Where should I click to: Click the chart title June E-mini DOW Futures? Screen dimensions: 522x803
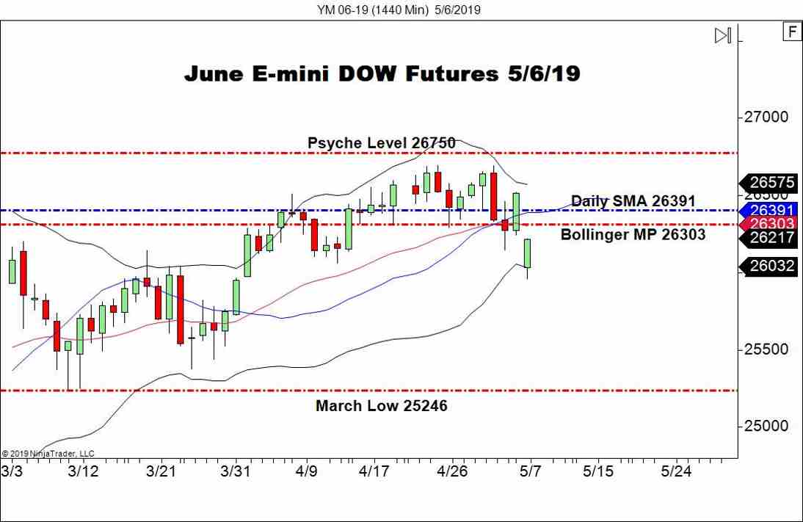(x=382, y=74)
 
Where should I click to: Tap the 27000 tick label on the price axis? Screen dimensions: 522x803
(x=767, y=117)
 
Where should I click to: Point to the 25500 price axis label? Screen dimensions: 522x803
(x=767, y=349)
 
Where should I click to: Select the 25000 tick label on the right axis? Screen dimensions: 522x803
(x=767, y=426)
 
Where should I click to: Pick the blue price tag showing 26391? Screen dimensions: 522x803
(x=772, y=210)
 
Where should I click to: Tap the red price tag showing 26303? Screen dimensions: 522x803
(x=772, y=223)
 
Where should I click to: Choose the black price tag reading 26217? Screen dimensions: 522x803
(x=772, y=238)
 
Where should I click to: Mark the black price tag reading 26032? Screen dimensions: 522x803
(x=772, y=266)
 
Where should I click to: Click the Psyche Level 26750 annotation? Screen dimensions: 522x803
(x=381, y=142)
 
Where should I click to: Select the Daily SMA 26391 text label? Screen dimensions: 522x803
(x=633, y=200)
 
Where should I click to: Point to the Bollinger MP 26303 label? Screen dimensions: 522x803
(x=633, y=234)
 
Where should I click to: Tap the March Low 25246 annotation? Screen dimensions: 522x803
(x=381, y=405)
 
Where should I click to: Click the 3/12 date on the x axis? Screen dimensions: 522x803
(x=82, y=470)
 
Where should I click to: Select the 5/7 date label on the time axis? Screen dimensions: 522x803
(x=531, y=470)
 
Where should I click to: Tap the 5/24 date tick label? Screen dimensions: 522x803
(x=676, y=470)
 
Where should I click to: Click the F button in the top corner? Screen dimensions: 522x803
(x=792, y=32)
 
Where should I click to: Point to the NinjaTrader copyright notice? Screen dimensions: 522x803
(x=48, y=453)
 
